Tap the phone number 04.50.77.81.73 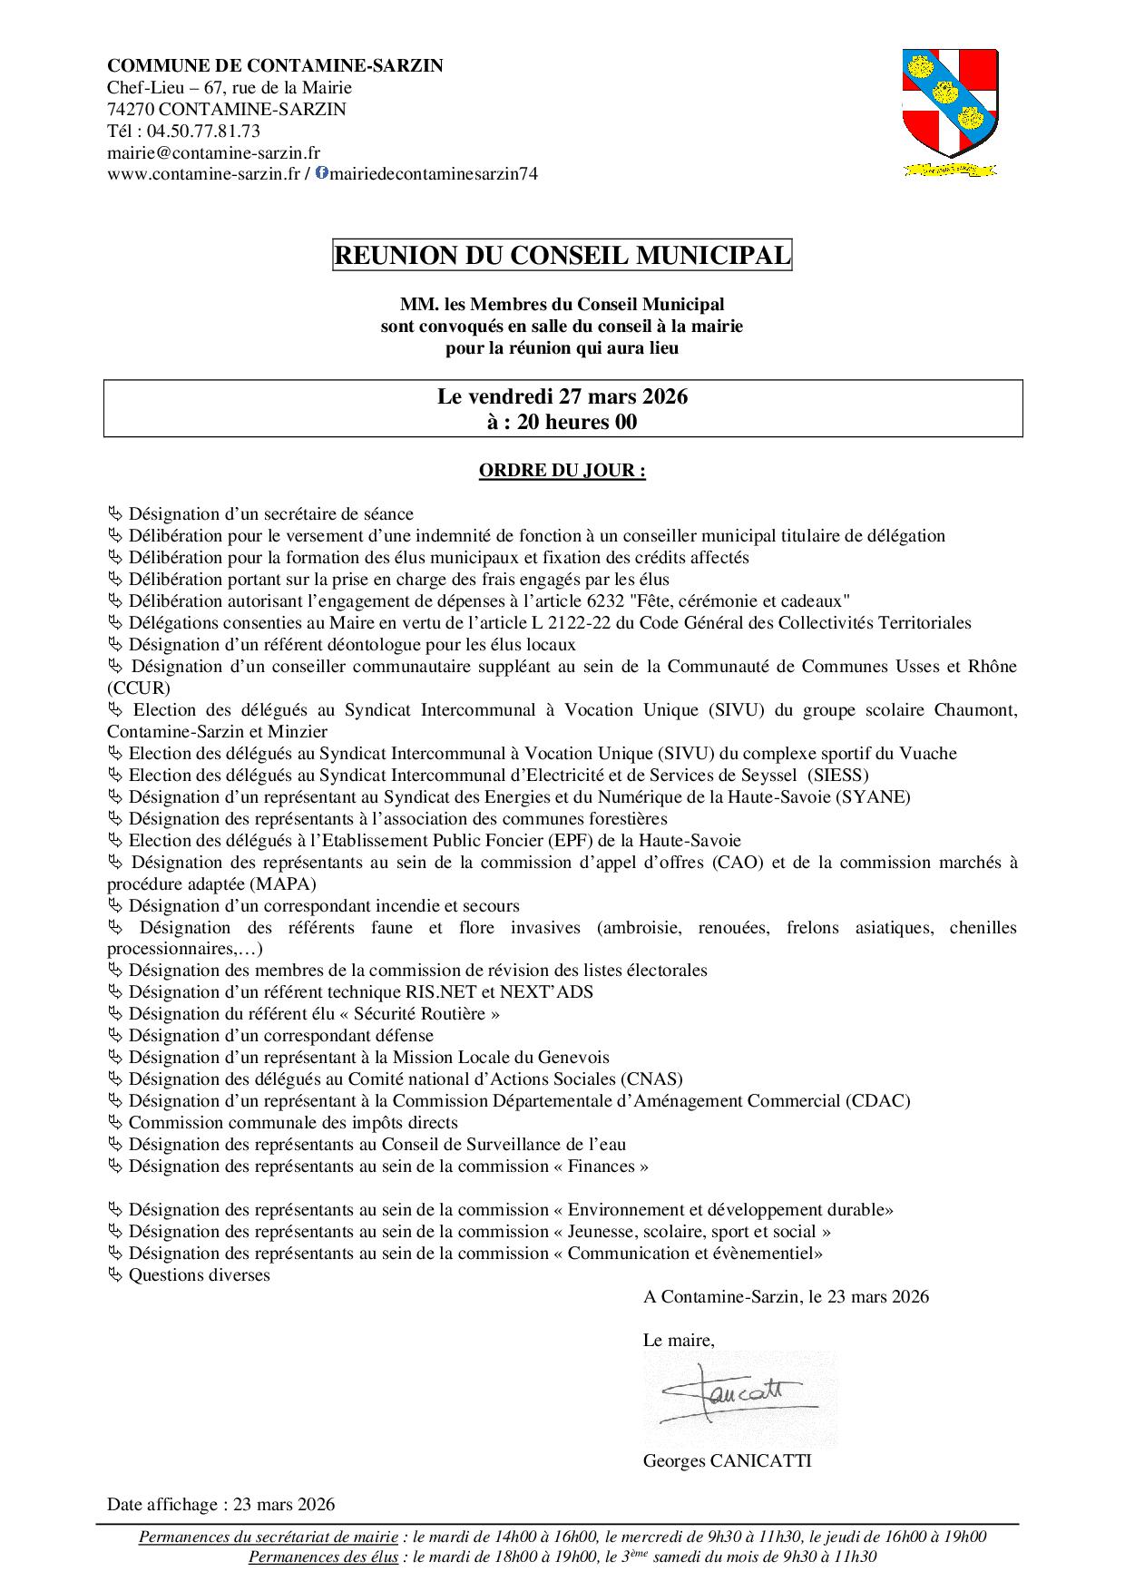pos(197,131)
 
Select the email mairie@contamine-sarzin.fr pos(213,152)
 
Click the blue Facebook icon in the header pos(321,173)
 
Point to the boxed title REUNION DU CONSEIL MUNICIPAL pos(562,256)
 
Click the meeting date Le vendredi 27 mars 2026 pos(562,397)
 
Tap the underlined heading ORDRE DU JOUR pos(562,471)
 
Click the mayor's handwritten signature pos(730,1398)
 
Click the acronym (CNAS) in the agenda pos(652,1079)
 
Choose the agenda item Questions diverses pos(200,1275)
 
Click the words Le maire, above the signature pos(679,1340)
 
